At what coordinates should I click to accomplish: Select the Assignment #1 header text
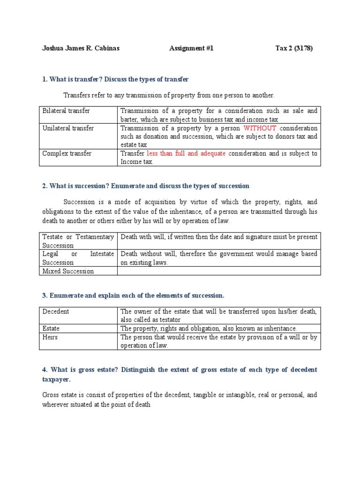pyautogui.click(x=191, y=48)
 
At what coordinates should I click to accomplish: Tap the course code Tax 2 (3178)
pyautogui.click(x=293, y=48)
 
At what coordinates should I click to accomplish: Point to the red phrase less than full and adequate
pyautogui.click(x=186, y=153)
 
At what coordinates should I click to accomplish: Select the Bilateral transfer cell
pyautogui.click(x=66, y=111)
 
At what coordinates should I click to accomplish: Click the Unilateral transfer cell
pyautogui.click(x=68, y=128)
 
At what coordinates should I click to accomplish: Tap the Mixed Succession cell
pyautogui.click(x=68, y=271)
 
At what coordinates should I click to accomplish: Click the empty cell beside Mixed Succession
pyautogui.click(x=218, y=271)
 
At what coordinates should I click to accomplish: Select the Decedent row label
pyautogui.click(x=56, y=311)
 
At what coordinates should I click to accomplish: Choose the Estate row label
pyautogui.click(x=51, y=328)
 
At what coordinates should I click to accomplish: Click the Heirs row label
pyautogui.click(x=50, y=337)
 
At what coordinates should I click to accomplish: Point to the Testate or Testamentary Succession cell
pyautogui.click(x=78, y=241)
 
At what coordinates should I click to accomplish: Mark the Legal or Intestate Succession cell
pyautogui.click(x=78, y=258)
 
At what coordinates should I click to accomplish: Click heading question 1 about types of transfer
pyautogui.click(x=115, y=79)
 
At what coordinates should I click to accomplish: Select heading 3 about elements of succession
pyautogui.click(x=133, y=295)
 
